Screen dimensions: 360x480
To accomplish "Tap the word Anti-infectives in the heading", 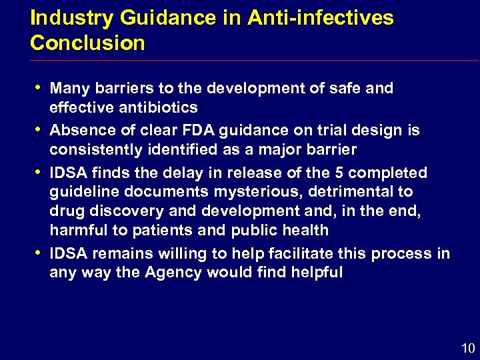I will point(320,18).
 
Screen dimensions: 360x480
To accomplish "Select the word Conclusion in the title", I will point(87,43).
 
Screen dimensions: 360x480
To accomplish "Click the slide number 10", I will point(468,347).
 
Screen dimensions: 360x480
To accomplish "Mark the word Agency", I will point(178,272).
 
